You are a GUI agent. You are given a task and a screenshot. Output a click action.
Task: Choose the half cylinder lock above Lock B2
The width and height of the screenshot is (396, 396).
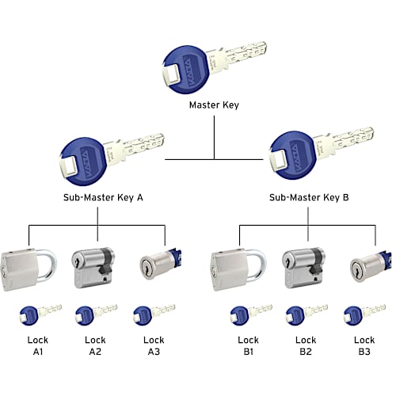coord(305,268)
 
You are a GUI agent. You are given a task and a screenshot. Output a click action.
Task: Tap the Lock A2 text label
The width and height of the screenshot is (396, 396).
coord(95,346)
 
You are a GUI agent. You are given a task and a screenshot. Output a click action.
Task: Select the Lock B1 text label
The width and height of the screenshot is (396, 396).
coord(248,346)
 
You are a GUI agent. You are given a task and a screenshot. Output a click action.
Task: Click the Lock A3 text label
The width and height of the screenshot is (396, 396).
coord(154,346)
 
